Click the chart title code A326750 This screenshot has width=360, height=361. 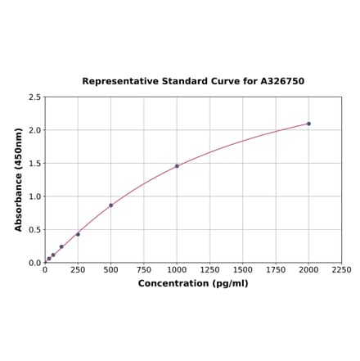coord(282,82)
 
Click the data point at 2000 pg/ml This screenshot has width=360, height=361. coord(308,124)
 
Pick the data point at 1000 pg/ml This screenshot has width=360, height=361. coord(177,166)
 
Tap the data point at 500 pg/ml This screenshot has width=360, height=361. coord(110,205)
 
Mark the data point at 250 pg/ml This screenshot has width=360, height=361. coord(78,234)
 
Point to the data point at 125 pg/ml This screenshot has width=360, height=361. coord(61,246)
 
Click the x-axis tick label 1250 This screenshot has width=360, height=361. coord(209,269)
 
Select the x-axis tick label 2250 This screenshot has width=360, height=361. coord(341,269)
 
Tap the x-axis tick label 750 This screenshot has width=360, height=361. coord(143,269)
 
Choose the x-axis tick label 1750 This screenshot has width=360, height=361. coord(276,269)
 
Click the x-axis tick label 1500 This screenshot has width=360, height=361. coord(242,269)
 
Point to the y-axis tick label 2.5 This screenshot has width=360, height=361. coord(35,97)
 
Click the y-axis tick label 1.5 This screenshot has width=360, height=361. coord(35,164)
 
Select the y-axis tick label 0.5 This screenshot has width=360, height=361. coord(35,230)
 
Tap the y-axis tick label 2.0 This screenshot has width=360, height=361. coord(35,130)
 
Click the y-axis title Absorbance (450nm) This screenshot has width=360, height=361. coord(19,179)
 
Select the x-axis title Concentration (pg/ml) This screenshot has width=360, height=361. coord(193,283)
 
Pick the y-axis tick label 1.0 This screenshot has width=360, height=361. coord(35,196)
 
